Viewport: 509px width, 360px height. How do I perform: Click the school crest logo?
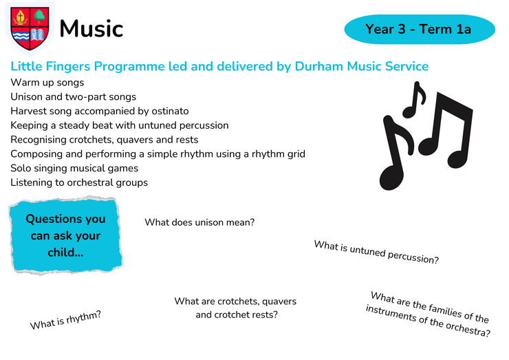pos(30,29)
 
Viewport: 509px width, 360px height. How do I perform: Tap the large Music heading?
pos(91,29)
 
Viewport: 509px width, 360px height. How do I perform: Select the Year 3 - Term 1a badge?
pos(420,29)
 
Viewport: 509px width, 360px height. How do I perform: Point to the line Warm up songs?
pos(47,83)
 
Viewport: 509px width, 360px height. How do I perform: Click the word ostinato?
pos(170,111)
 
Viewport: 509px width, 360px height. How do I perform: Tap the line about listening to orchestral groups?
pos(79,182)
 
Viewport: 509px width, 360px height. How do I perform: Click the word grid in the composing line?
pos(294,154)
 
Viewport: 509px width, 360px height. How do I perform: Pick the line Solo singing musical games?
pos(74,169)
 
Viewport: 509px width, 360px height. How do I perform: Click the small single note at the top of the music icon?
pos(414,100)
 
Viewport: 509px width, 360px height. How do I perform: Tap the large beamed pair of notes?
pos(446,130)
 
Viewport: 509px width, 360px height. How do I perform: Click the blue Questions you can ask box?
pos(66,235)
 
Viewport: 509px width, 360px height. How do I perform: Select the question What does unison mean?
pos(199,222)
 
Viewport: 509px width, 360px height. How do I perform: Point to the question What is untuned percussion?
pos(376,252)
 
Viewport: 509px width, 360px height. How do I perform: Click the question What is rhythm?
pos(65,320)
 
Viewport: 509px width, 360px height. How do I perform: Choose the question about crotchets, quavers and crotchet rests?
pos(236,308)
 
